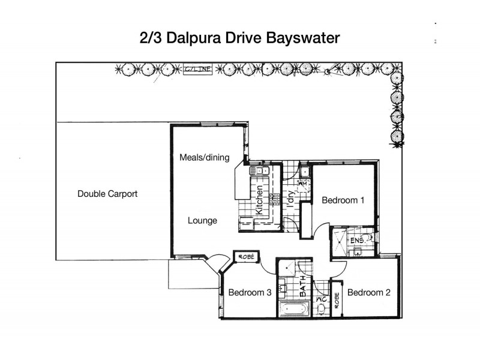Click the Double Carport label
click(x=107, y=194)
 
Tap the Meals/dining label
click(x=205, y=158)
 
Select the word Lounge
click(x=202, y=221)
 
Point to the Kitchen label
click(x=260, y=202)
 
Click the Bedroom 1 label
click(x=343, y=200)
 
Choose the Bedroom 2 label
click(x=369, y=293)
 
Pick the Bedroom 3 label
click(x=250, y=293)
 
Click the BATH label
click(x=303, y=281)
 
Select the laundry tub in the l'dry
click(x=305, y=173)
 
